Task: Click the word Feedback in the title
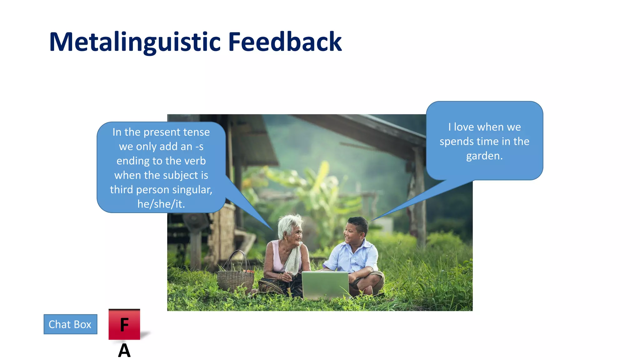(285, 42)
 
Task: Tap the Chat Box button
(70, 324)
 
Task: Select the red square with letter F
(124, 324)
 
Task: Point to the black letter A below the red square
(124, 351)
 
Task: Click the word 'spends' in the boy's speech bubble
(454, 142)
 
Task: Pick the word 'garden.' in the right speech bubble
(484, 156)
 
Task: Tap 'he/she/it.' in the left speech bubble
(161, 204)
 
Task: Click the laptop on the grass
(325, 284)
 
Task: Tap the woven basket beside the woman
(235, 280)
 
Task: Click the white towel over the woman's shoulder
(294, 259)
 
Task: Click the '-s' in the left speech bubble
(199, 147)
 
